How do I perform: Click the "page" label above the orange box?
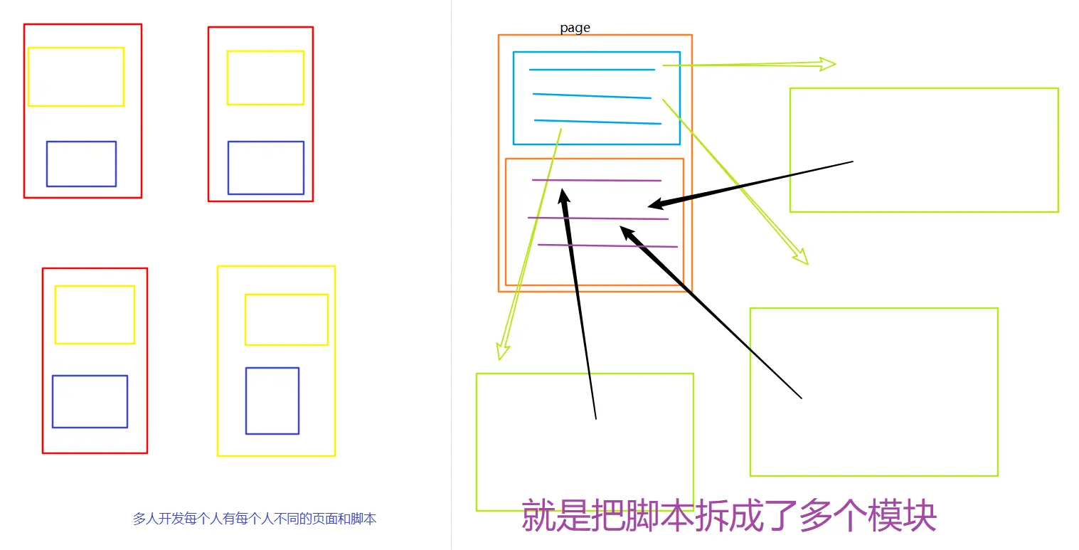coord(575,28)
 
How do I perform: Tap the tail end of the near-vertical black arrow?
coord(595,418)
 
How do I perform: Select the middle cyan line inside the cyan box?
coord(592,96)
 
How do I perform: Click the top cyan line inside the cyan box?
coord(592,70)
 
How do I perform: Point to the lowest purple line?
coord(607,246)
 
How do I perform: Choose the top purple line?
coord(597,180)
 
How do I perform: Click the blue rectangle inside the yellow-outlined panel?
coord(272,401)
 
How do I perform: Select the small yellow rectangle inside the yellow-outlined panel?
coord(287,319)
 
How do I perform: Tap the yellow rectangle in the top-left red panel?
coord(76,77)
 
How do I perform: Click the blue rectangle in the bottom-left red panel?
coord(90,401)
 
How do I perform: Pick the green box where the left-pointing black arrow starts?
coord(924,150)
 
